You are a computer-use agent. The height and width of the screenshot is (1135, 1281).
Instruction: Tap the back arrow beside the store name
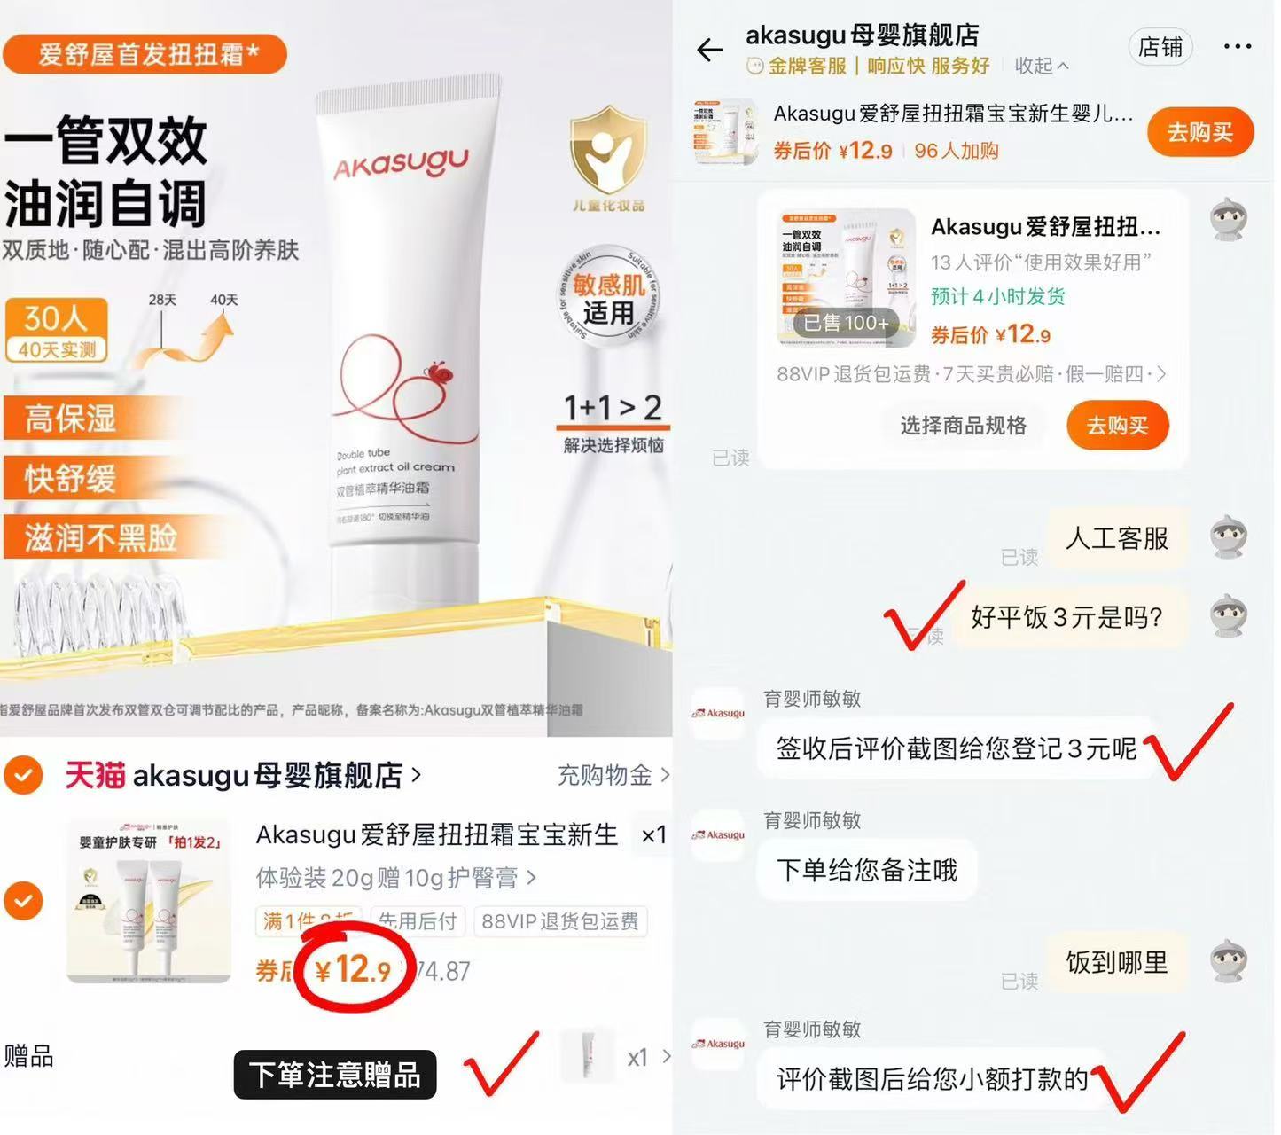pyautogui.click(x=710, y=50)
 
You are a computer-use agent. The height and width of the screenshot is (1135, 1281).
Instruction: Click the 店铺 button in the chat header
pyautogui.click(x=1160, y=47)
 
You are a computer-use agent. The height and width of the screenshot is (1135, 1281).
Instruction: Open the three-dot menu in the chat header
pyautogui.click(x=1237, y=47)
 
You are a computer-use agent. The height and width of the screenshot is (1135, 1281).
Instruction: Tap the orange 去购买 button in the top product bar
pyautogui.click(x=1199, y=132)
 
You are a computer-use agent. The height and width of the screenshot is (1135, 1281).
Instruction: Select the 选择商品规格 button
pyautogui.click(x=963, y=426)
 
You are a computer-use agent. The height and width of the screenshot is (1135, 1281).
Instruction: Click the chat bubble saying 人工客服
pyautogui.click(x=1116, y=538)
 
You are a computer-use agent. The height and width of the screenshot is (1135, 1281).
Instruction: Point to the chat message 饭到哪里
pyautogui.click(x=1116, y=962)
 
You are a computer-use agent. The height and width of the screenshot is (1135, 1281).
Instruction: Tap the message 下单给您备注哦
pyautogui.click(x=866, y=870)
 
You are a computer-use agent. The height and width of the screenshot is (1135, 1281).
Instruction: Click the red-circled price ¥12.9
pyautogui.click(x=353, y=969)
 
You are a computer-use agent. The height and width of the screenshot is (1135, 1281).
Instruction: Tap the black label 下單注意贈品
pyautogui.click(x=335, y=1075)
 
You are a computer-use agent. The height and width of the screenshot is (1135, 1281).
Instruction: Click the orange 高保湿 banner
pyautogui.click(x=71, y=419)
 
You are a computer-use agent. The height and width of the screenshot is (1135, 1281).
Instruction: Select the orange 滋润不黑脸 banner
pyautogui.click(x=100, y=538)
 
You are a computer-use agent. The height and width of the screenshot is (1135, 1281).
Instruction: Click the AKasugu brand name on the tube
pyautogui.click(x=401, y=164)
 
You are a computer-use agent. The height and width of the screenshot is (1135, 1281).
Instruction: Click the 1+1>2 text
pyautogui.click(x=613, y=408)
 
